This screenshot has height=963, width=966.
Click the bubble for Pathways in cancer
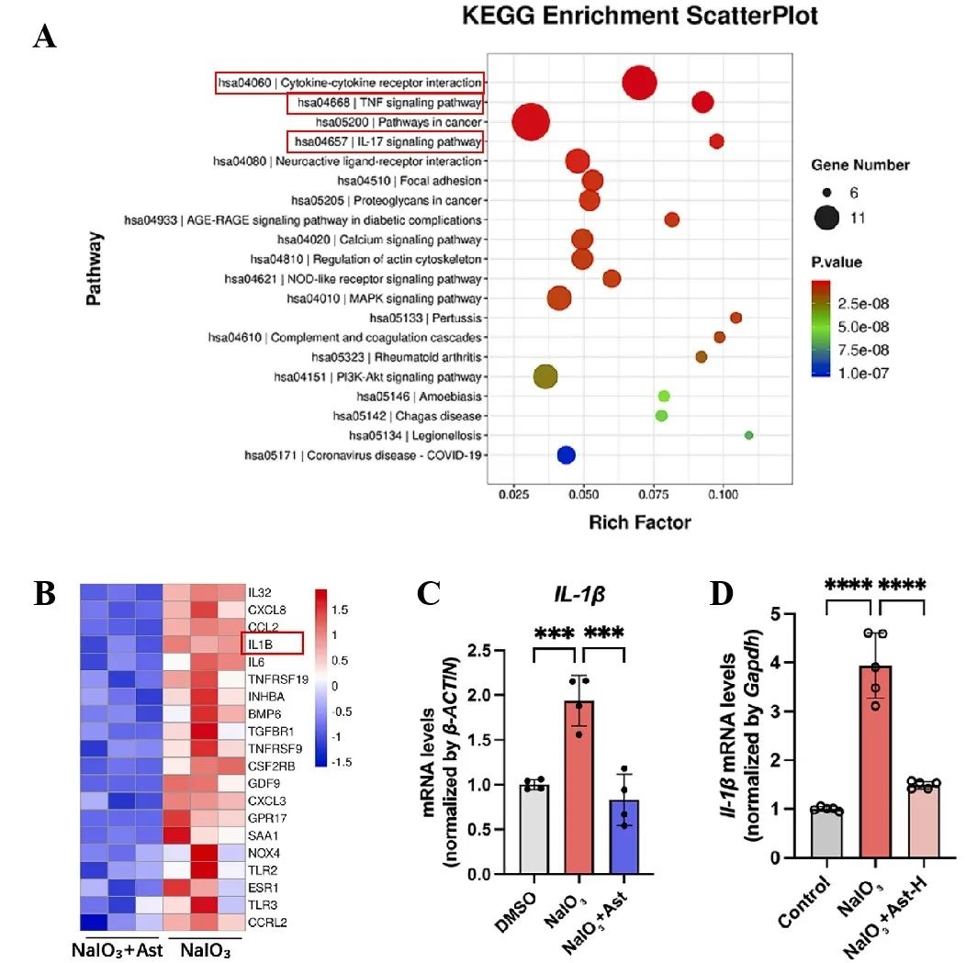(x=530, y=122)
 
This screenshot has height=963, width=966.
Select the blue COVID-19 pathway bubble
(x=566, y=455)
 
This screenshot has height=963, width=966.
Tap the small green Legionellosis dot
(x=748, y=435)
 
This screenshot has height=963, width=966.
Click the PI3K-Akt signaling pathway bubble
(x=545, y=376)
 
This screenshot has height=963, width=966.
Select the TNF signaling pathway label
(x=385, y=103)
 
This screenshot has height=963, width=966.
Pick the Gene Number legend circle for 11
(x=827, y=218)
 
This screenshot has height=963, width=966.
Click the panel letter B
(x=45, y=595)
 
